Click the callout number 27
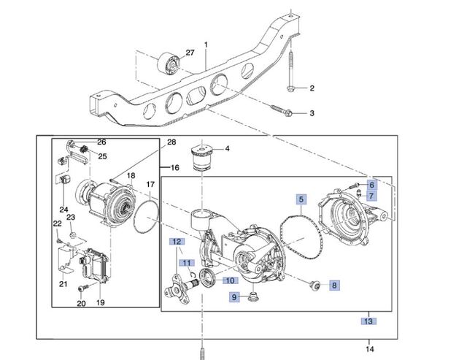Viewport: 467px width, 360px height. [x=190, y=53]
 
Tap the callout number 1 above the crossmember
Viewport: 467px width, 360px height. [x=207, y=46]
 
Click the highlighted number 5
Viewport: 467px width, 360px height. [x=301, y=198]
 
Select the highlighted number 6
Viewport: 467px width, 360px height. [x=371, y=185]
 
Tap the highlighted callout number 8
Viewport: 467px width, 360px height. [x=334, y=285]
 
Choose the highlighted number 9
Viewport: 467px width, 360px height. [x=234, y=296]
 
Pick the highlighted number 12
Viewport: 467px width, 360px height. [x=176, y=241]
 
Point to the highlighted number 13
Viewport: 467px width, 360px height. [x=369, y=321]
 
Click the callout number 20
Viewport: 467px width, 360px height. [x=80, y=303]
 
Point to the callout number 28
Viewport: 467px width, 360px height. [x=171, y=142]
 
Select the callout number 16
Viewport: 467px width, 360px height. [x=174, y=168]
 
